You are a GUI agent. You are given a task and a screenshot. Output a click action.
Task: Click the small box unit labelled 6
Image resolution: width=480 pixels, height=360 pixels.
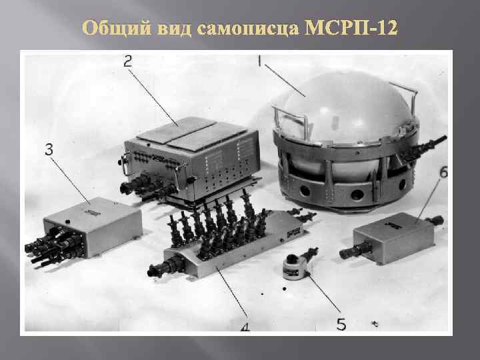tap(389, 236)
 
